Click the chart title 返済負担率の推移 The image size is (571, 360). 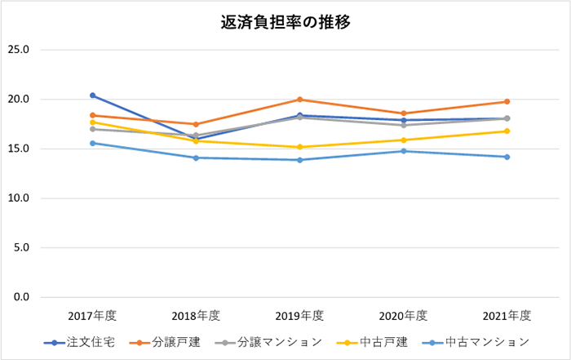tap(285, 23)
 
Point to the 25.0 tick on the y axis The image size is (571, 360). tap(18, 50)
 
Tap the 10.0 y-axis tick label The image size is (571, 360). tap(18, 198)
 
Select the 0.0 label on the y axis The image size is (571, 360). tap(20, 297)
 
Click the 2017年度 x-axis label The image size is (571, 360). tap(93, 316)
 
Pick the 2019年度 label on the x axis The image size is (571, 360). tap(300, 316)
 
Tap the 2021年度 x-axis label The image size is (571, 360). tap(507, 316)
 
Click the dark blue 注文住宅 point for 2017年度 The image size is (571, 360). tap(93, 96)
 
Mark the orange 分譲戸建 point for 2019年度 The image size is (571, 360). tap(300, 100)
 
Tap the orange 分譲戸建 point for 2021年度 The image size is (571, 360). tap(507, 102)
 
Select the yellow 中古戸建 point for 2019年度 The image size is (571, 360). tap(300, 147)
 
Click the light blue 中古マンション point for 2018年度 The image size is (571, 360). tap(197, 158)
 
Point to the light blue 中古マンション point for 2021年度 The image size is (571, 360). tap(507, 157)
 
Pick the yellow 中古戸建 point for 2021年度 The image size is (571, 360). tap(507, 131)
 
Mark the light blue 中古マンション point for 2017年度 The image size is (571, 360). tap(93, 143)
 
